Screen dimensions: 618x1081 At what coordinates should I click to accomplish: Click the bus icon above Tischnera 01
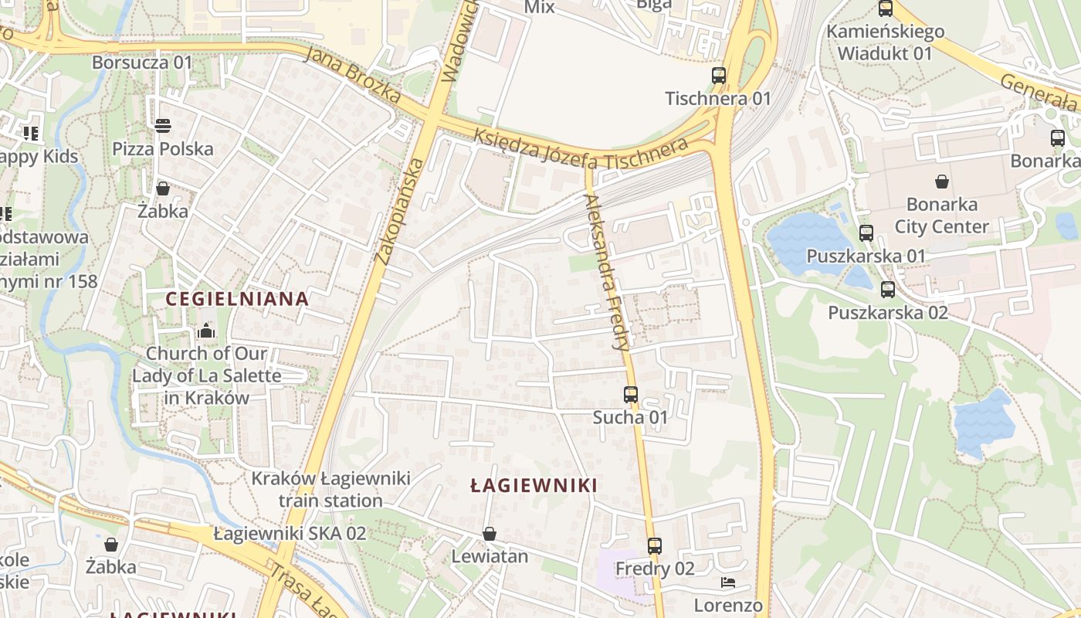719,76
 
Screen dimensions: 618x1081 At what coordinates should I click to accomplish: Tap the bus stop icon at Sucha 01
630,395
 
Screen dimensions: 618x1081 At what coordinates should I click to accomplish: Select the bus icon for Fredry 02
654,546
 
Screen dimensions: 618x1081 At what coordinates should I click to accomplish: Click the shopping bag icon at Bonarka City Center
942,182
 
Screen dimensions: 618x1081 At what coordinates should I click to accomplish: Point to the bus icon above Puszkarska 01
866,233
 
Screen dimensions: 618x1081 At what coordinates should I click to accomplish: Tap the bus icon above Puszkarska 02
888,290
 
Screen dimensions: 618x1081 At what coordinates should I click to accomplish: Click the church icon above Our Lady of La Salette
206,331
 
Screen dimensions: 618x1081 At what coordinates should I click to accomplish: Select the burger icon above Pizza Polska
163,125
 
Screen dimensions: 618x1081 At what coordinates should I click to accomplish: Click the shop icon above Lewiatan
489,534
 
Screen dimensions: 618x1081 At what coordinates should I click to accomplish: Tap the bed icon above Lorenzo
727,582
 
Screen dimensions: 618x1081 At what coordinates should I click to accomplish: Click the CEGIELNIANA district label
238,299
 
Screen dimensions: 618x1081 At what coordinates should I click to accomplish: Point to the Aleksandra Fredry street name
608,272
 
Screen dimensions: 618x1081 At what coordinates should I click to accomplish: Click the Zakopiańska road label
398,212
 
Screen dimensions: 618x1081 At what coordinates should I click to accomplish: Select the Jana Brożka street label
352,76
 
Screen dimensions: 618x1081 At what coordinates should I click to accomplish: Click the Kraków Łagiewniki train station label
330,489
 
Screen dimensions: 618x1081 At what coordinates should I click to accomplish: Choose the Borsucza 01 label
141,63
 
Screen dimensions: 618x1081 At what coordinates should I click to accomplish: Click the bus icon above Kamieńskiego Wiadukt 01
886,9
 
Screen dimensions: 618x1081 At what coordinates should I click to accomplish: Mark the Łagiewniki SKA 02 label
290,533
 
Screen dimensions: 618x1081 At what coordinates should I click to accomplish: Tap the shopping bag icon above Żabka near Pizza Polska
163,188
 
